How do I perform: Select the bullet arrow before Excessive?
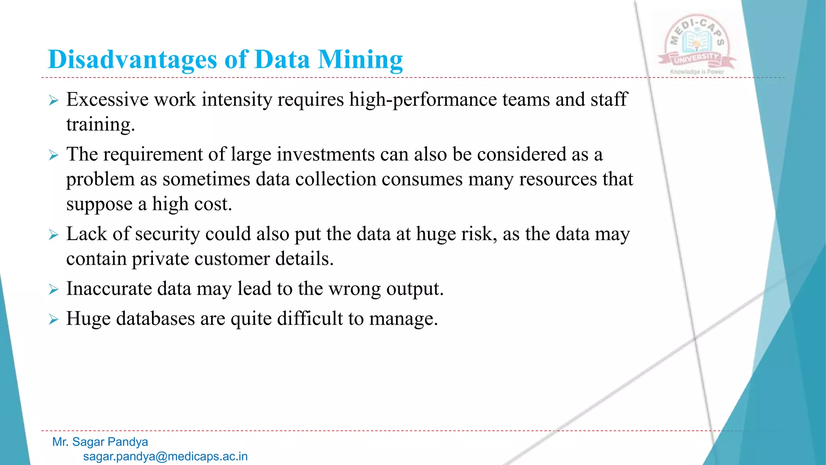coord(54,101)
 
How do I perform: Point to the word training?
coord(100,125)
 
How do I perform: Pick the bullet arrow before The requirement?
coord(54,155)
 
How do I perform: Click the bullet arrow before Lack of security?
coord(54,235)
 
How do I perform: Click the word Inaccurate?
coord(108,289)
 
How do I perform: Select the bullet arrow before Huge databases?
coord(54,320)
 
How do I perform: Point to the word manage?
coord(403,319)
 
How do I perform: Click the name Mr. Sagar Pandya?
coord(100,442)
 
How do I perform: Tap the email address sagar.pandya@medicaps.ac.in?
coord(165,457)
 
